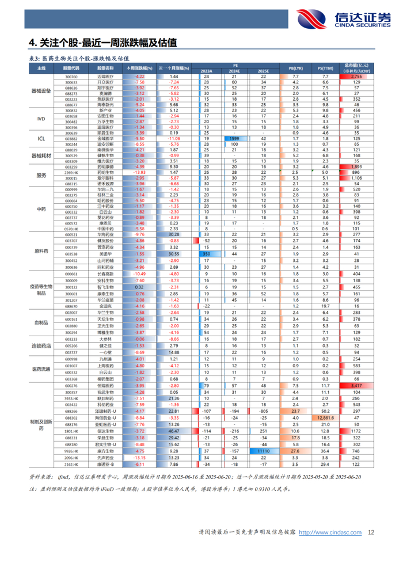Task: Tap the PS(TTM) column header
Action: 325,69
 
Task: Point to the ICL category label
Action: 41,138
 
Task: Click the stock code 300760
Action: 71,77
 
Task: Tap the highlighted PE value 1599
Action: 234,138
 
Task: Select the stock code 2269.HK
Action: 71,172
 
